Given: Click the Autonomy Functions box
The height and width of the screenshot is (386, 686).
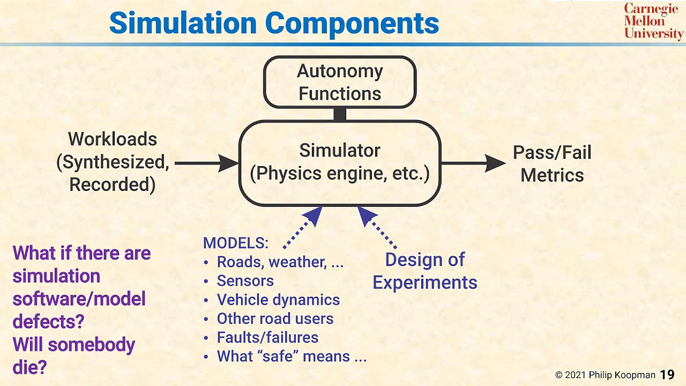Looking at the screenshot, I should [340, 82].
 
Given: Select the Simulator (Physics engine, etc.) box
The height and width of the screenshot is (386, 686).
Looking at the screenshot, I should [340, 162].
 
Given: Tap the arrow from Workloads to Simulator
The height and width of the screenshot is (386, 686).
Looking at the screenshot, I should [206, 163].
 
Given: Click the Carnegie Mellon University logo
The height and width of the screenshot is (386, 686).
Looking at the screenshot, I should [653, 21].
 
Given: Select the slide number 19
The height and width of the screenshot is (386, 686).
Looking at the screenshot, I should [667, 374].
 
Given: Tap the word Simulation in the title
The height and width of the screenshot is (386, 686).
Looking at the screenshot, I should [183, 23].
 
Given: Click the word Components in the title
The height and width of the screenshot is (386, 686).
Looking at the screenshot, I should [352, 23].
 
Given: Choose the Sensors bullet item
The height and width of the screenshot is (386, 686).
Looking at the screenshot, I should [245, 281].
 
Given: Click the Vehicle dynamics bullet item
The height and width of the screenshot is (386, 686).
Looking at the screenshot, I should [278, 300].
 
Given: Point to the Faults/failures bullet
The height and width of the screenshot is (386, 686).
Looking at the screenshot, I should [267, 337].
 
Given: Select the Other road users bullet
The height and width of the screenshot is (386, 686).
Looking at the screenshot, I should [275, 318].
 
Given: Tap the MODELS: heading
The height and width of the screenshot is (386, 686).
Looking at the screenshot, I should [235, 243].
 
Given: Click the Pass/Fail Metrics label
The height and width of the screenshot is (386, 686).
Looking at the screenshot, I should [552, 164].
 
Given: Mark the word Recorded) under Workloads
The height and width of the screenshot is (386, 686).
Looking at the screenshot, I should [113, 184].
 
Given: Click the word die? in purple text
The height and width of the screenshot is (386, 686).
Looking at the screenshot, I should [30, 367].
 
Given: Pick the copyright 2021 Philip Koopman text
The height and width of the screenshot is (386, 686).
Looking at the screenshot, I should [605, 375].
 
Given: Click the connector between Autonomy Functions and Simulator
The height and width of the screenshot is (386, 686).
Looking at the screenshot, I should [340, 114].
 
